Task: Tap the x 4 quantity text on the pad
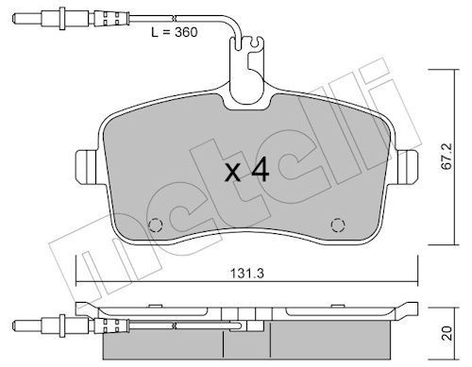tap(246, 171)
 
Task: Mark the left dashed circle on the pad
tap(157, 225)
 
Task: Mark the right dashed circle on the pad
tap(336, 225)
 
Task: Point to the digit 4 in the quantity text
tap(261, 171)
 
